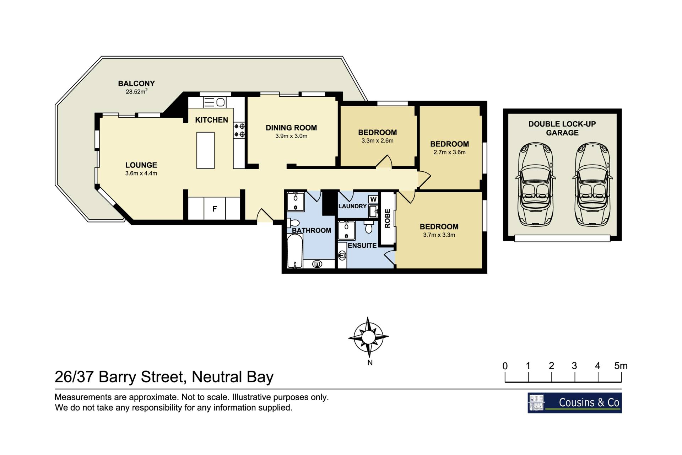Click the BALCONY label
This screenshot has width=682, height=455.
[136, 84]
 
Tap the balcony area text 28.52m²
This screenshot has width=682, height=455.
[136, 91]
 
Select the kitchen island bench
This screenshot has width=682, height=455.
[206, 150]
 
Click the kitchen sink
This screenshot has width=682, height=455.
[214, 102]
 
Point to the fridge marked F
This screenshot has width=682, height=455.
[215, 209]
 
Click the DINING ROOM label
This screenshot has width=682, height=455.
[291, 128]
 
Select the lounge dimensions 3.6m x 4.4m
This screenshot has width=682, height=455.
[141, 173]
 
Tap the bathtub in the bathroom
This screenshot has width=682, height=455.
[295, 253]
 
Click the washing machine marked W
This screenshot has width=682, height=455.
[373, 199]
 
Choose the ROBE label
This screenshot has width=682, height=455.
[388, 218]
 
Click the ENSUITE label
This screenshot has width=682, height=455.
[362, 246]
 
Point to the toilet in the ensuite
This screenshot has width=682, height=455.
[369, 226]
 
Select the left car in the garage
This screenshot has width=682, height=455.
[535, 184]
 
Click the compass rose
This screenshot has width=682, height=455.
[368, 337]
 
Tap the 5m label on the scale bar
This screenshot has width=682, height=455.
[621, 366]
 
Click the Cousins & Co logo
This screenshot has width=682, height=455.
[575, 403]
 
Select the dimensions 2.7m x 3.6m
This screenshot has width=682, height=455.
[449, 152]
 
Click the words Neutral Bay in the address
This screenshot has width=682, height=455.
[233, 377]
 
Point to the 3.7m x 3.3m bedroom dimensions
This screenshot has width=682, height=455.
[439, 235]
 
